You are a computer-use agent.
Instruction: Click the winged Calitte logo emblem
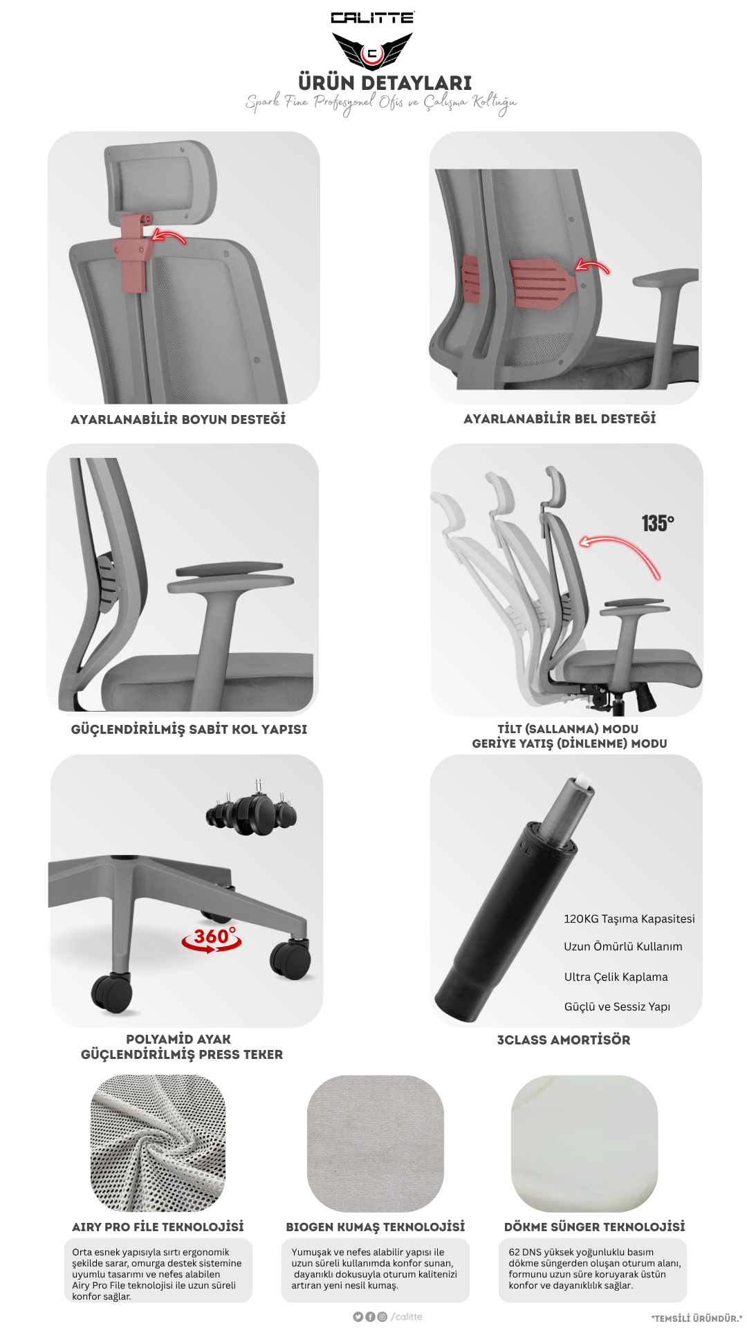click(372, 51)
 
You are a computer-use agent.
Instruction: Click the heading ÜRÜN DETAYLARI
click(385, 83)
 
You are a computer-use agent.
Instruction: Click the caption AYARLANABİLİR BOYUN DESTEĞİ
click(178, 419)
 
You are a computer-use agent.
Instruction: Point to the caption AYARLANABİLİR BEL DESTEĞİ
click(560, 418)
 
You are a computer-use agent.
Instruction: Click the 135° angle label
click(657, 524)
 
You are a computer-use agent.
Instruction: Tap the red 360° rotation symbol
click(212, 939)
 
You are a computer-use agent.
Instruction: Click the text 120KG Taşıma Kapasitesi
click(629, 919)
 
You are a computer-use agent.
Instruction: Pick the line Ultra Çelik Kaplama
click(616, 977)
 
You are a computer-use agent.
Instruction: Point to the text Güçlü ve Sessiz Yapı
click(617, 1006)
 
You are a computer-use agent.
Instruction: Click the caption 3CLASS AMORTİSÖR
click(564, 1040)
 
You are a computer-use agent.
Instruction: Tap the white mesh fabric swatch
click(158, 1143)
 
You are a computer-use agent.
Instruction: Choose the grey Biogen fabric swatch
click(376, 1143)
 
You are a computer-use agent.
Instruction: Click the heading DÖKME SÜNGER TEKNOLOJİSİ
click(595, 1226)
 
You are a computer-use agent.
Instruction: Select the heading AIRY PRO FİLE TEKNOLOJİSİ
click(158, 1226)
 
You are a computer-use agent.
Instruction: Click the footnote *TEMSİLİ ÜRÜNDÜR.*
click(697, 1318)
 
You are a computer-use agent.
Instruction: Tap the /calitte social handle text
click(407, 1317)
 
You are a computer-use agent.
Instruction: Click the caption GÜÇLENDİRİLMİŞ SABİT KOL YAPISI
click(189, 729)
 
